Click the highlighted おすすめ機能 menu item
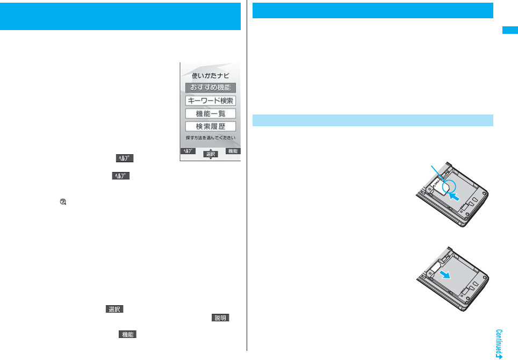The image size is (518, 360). (210, 88)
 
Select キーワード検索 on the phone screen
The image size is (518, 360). (210, 100)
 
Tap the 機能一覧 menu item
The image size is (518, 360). (210, 113)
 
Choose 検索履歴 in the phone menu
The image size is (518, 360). (210, 126)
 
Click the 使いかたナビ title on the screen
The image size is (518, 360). (210, 76)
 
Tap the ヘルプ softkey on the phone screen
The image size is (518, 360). (187, 152)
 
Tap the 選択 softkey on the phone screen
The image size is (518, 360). (210, 154)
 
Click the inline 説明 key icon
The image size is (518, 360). (220, 319)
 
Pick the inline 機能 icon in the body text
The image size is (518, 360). (127, 334)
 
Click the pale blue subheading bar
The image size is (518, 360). (372, 119)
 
